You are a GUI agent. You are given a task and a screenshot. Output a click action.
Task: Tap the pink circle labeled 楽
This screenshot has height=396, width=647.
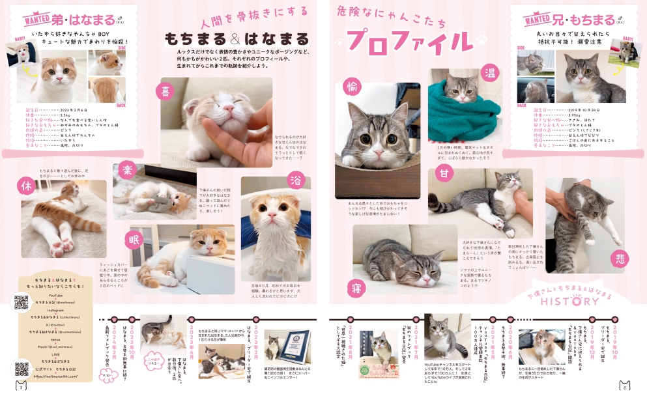[x=127, y=173]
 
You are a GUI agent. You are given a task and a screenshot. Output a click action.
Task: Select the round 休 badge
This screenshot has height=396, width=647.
[x=27, y=186]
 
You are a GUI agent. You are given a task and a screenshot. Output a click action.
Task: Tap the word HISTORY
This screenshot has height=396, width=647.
[x=569, y=302]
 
